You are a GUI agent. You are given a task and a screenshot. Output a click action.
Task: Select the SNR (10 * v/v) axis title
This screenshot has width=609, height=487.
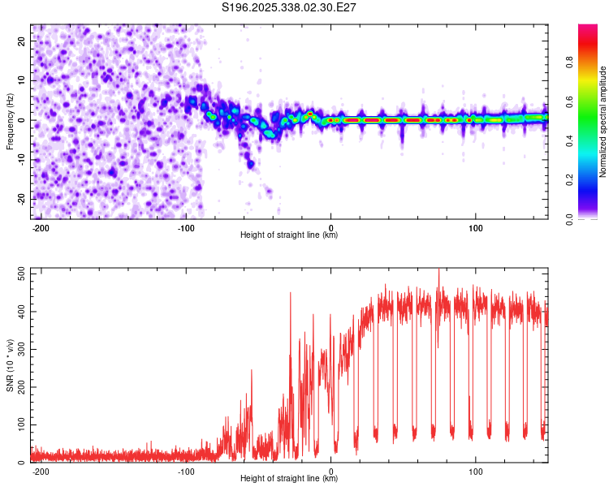pos(10,364)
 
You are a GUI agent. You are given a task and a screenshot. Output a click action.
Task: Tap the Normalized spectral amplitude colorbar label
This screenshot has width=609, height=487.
pos(603,122)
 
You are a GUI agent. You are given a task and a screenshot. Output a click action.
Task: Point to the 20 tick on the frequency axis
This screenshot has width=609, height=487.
pos(22,40)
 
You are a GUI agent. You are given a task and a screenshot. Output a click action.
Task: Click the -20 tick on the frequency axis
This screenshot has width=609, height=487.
pos(20,199)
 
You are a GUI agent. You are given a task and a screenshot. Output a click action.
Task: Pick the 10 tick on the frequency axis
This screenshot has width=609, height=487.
pos(22,80)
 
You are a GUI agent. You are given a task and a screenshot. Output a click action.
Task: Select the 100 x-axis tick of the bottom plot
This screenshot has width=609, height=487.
pos(475,471)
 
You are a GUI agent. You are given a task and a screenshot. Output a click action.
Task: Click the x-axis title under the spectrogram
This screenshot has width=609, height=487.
pos(290,235)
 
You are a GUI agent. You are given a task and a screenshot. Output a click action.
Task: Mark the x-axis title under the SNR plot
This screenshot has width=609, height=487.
pos(290,479)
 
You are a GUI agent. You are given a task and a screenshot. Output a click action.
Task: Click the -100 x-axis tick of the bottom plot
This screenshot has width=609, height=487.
pos(186,471)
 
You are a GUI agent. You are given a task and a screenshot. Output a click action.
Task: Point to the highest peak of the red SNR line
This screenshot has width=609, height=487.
pos(439,269)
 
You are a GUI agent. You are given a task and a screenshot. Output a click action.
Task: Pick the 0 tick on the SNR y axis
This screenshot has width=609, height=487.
pos(24,463)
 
